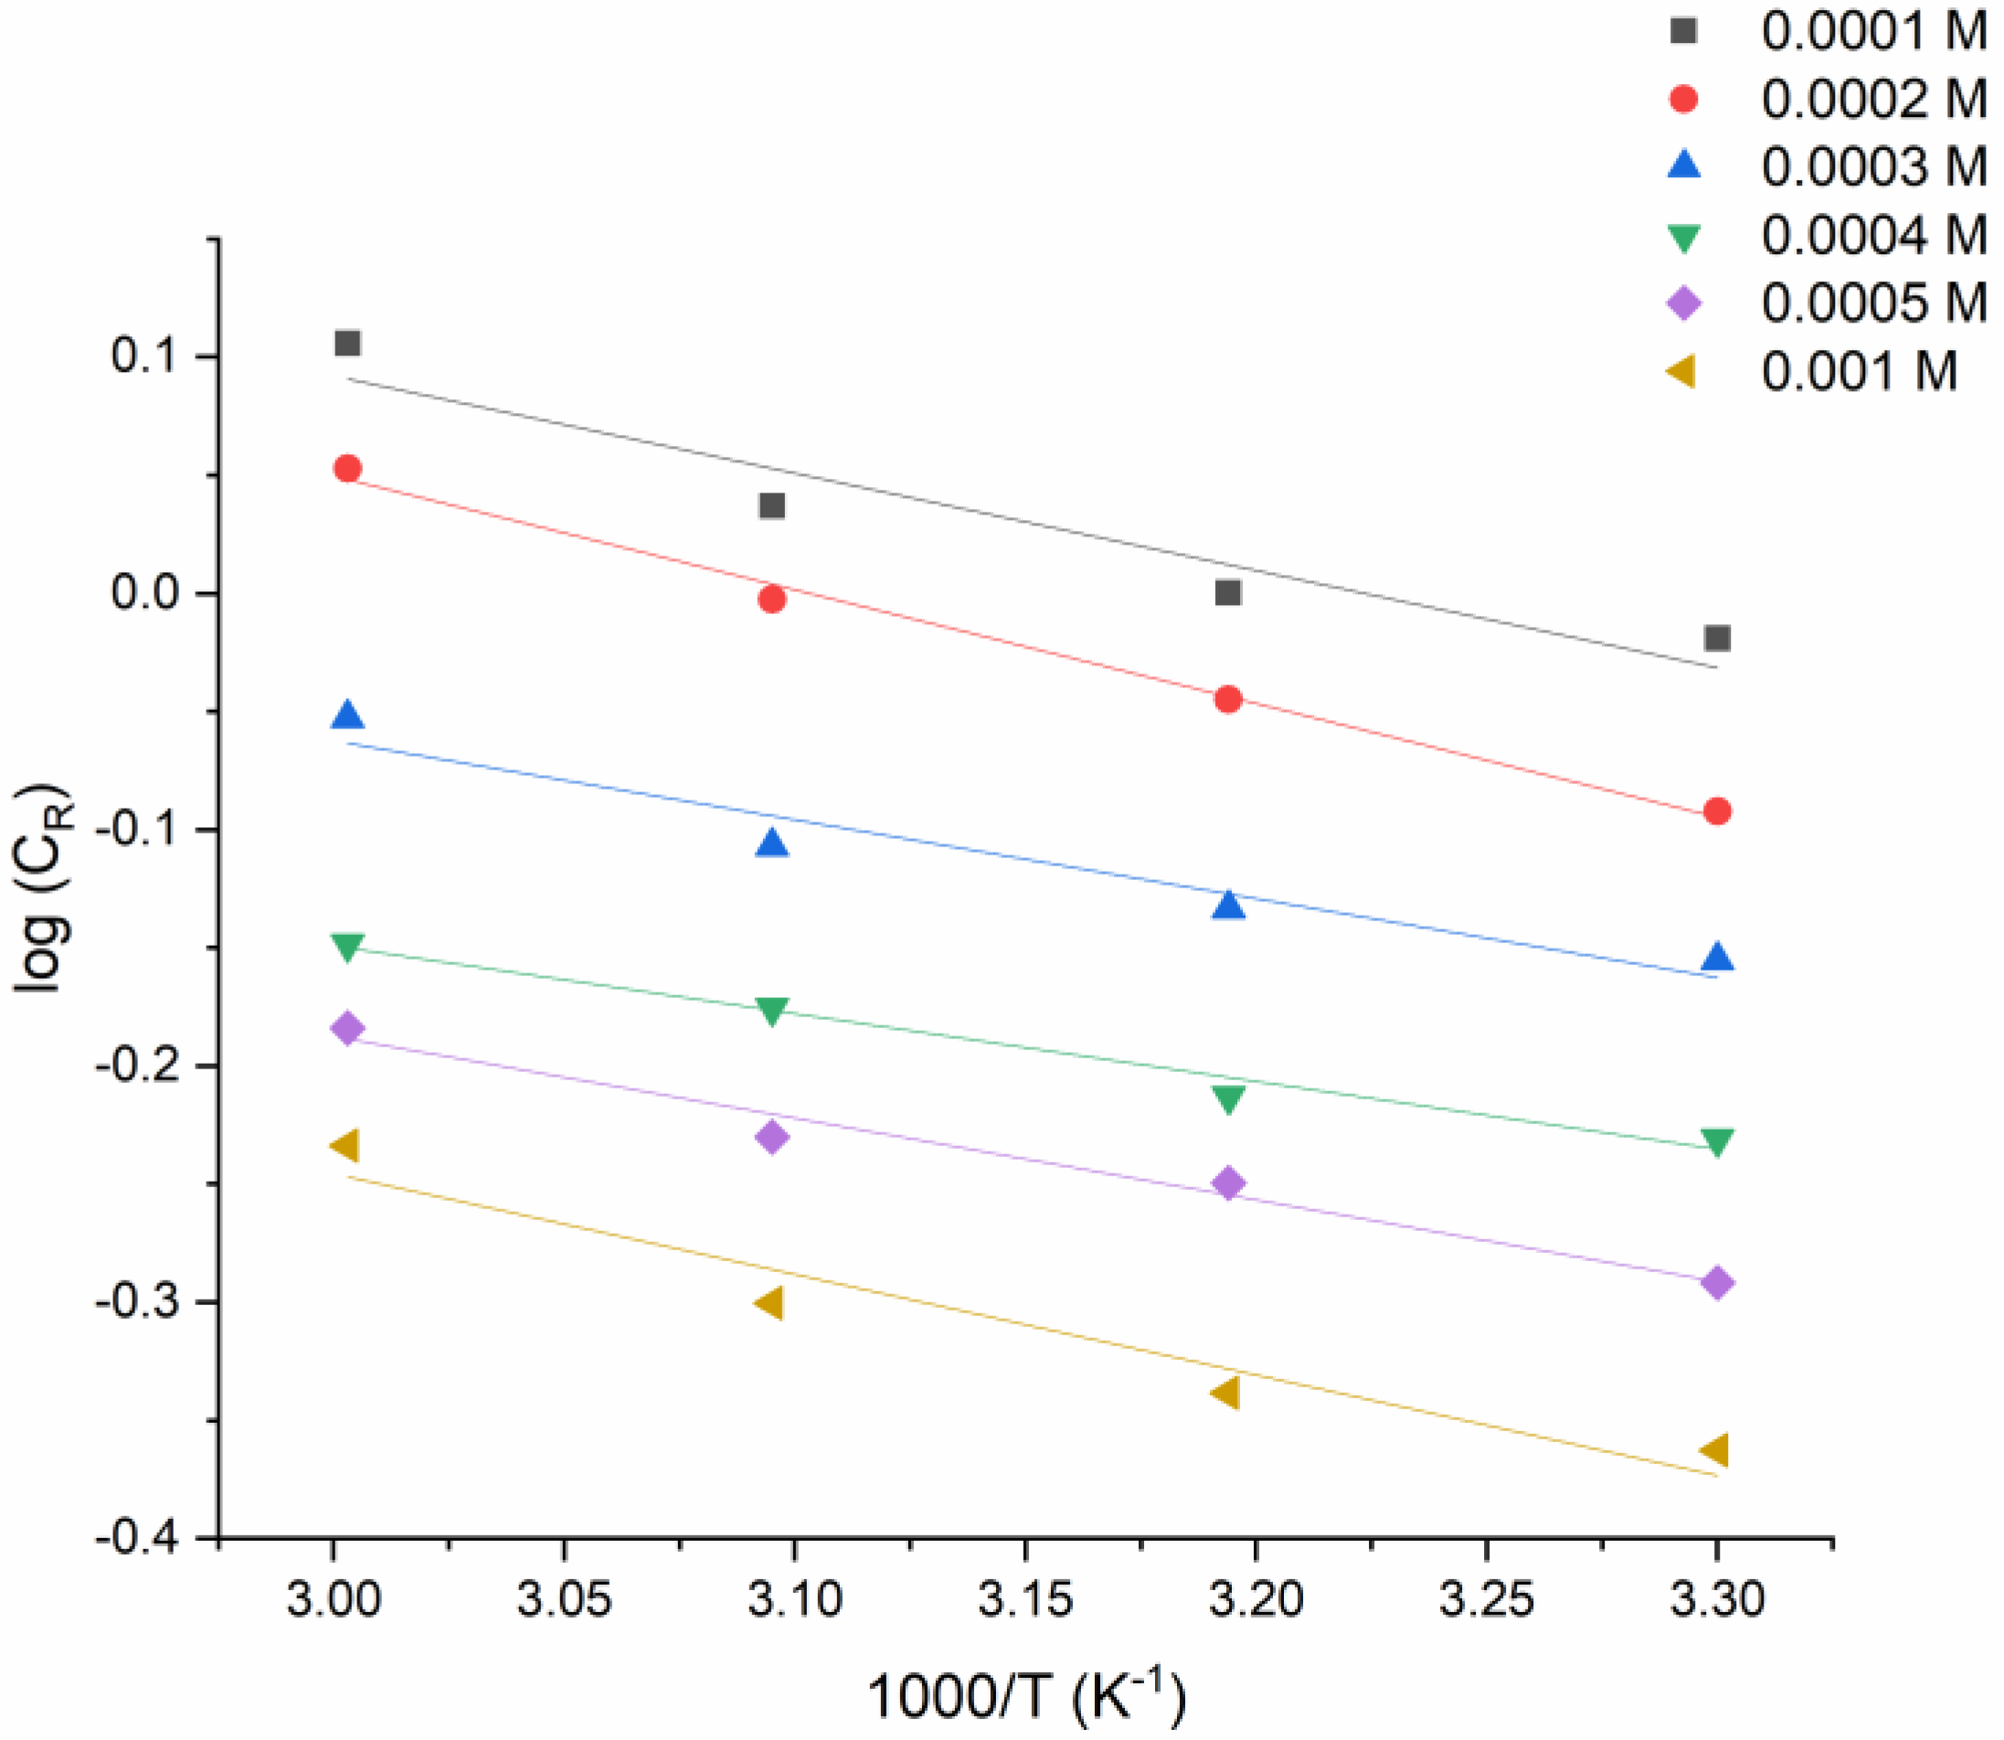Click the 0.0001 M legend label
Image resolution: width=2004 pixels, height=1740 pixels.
pyautogui.click(x=1873, y=31)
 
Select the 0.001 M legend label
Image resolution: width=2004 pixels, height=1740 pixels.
pyautogui.click(x=1859, y=372)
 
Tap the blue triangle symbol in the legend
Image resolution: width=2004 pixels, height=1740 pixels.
pyautogui.click(x=1684, y=165)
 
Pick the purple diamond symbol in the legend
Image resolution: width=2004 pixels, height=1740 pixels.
pyautogui.click(x=1684, y=303)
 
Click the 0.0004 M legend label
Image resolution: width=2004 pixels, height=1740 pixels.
pyautogui.click(x=1873, y=235)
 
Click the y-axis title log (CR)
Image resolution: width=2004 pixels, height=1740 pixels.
pyautogui.click(x=44, y=887)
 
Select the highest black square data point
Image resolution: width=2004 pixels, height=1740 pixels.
pyautogui.click(x=347, y=343)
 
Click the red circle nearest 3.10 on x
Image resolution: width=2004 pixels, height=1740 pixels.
pyautogui.click(x=772, y=599)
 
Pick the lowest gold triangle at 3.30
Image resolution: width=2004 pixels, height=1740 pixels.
pyautogui.click(x=1713, y=1450)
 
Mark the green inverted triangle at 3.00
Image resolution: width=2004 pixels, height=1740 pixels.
pyautogui.click(x=347, y=947)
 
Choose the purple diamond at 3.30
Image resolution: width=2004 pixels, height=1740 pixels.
pyautogui.click(x=1716, y=1283)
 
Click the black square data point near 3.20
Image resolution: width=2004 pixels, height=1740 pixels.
pyautogui.click(x=1228, y=591)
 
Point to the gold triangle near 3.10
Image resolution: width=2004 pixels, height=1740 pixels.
pyautogui.click(x=769, y=1303)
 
